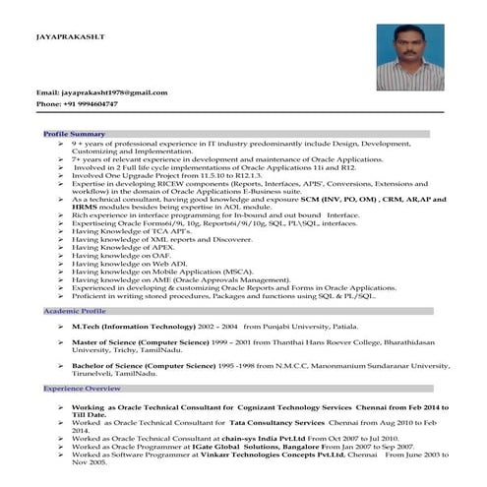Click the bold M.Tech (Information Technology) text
point(132,325)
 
